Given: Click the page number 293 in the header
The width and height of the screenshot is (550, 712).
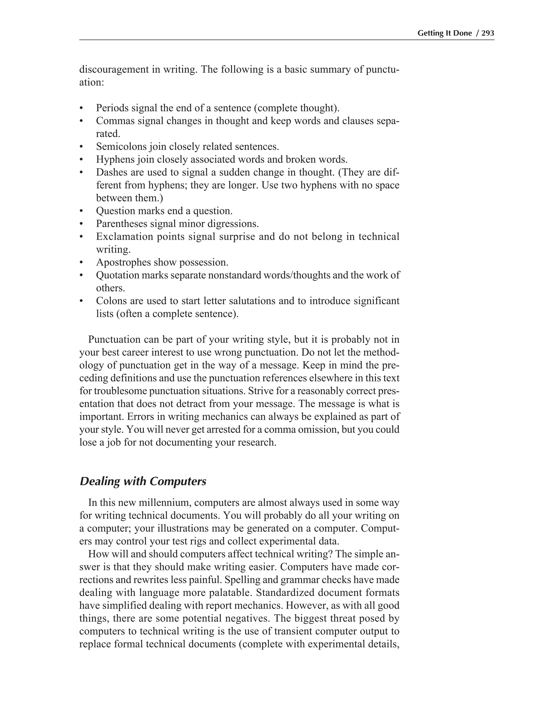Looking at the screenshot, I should (488, 33).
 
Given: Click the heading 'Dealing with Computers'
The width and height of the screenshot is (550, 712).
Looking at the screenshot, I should (143, 481).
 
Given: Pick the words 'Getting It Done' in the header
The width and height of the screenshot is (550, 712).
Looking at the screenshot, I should (444, 33).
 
